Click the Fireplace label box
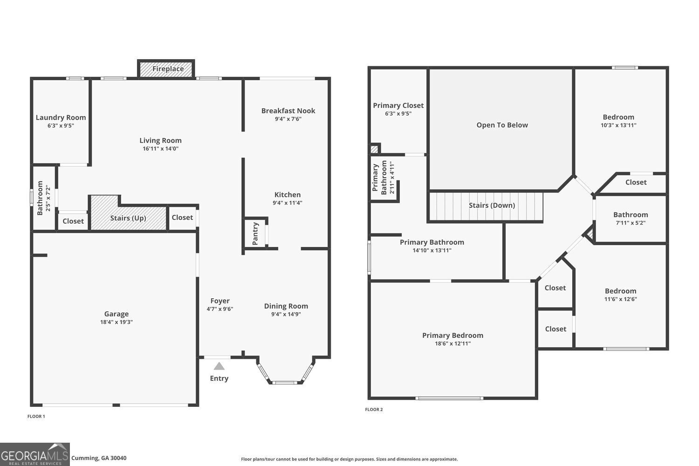pyautogui.click(x=166, y=69)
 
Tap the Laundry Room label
pyautogui.click(x=61, y=117)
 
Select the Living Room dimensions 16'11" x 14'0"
pyautogui.click(x=160, y=149)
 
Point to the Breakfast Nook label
pyautogui.click(x=288, y=111)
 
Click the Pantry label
pyautogui.click(x=255, y=233)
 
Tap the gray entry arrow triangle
pyautogui.click(x=219, y=366)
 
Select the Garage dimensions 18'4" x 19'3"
pyautogui.click(x=116, y=322)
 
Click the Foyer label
pyautogui.click(x=220, y=301)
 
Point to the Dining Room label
pyautogui.click(x=286, y=306)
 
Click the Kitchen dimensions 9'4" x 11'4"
pyautogui.click(x=288, y=203)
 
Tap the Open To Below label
pyautogui.click(x=502, y=125)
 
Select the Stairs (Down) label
pyautogui.click(x=492, y=206)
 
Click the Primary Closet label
pyautogui.click(x=398, y=105)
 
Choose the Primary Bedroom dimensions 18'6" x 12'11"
pyautogui.click(x=452, y=343)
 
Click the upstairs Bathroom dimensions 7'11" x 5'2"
pyautogui.click(x=630, y=223)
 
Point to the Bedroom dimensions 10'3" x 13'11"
pyautogui.click(x=618, y=125)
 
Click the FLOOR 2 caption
pyautogui.click(x=374, y=410)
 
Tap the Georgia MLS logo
pyautogui.click(x=35, y=454)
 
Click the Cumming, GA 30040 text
pyautogui.click(x=99, y=458)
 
